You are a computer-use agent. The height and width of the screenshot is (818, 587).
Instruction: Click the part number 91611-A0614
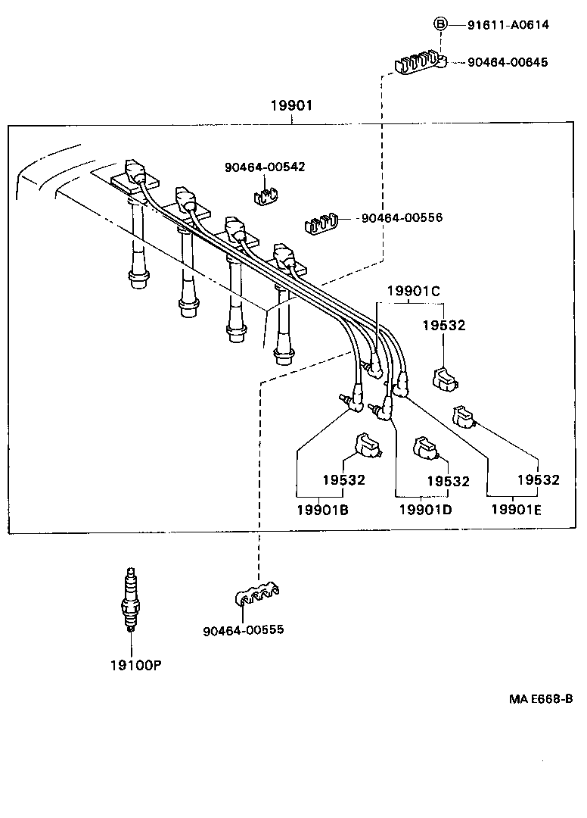coord(508,25)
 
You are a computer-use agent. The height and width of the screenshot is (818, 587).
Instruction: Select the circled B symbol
coord(441,24)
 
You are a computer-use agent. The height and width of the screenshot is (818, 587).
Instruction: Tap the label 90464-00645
coord(508,62)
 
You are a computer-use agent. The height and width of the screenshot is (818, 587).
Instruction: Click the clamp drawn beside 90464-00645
coord(420,61)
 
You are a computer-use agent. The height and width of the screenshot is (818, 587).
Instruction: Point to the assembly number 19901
coord(291,106)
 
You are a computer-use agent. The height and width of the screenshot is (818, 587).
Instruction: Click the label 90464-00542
coord(265,167)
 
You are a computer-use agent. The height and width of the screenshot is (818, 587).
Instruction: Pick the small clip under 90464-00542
coord(263,195)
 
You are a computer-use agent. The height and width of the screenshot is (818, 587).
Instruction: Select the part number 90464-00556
coord(402,218)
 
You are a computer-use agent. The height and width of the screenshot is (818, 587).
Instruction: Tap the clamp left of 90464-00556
coord(321,223)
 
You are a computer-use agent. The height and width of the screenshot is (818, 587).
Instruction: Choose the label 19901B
coord(322,510)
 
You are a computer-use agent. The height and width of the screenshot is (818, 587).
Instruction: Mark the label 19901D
coord(425,510)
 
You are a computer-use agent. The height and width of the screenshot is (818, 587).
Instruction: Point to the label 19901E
coord(517,510)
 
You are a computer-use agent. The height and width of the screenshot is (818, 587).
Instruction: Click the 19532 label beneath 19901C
coord(444,326)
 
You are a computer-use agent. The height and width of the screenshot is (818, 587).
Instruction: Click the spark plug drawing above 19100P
coord(131,599)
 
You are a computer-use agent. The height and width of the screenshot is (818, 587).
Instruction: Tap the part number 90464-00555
coord(244,629)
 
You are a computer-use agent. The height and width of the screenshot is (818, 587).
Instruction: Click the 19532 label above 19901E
coord(538,479)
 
